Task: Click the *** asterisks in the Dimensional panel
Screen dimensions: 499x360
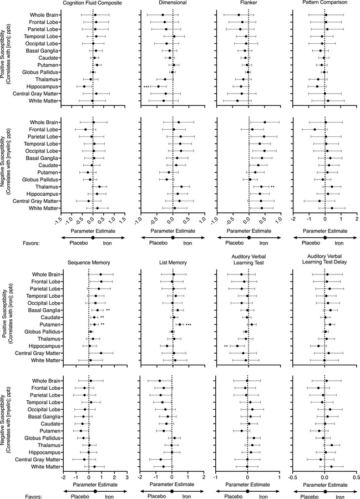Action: point(146,86)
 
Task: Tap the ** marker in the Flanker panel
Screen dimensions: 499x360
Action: point(272,187)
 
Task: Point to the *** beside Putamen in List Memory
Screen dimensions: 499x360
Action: point(189,324)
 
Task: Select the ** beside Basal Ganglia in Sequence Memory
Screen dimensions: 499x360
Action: point(108,310)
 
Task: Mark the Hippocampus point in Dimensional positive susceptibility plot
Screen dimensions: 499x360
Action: point(158,86)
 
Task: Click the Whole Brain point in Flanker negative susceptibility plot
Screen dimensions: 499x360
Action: point(265,122)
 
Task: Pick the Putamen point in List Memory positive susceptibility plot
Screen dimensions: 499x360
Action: point(179,324)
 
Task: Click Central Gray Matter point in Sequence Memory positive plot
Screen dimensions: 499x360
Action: point(101,353)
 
